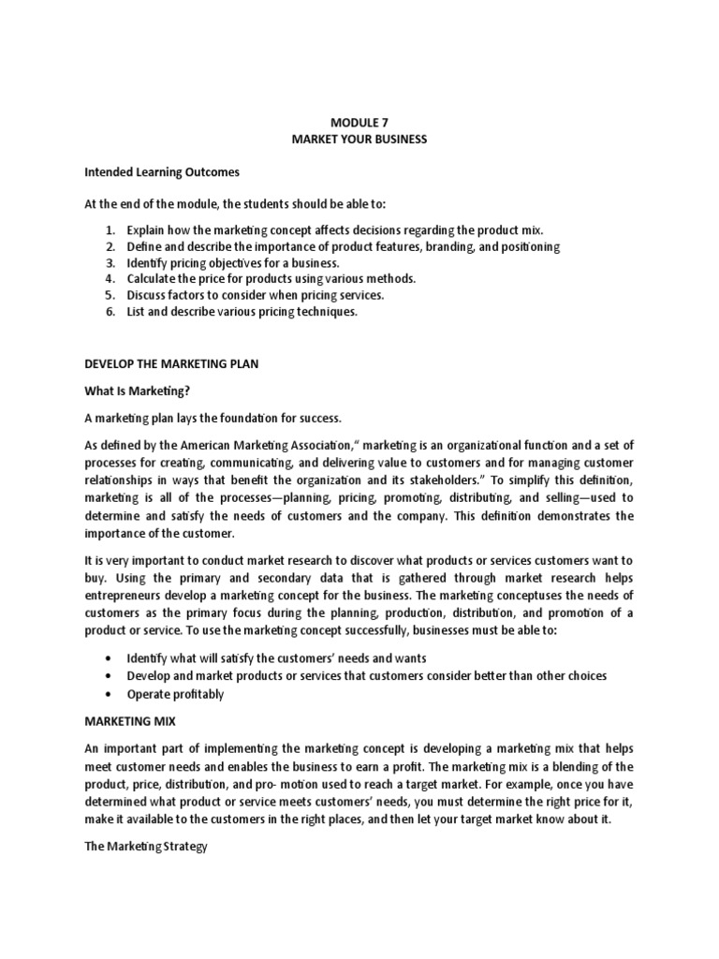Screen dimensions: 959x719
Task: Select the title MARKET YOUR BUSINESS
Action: coord(359,140)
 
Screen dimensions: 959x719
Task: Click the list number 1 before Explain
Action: coord(110,229)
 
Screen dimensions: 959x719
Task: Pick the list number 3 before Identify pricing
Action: coord(110,263)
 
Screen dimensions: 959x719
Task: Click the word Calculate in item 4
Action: coord(154,279)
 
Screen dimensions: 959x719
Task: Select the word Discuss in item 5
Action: coord(149,295)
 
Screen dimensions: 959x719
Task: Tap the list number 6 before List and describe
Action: coord(110,312)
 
